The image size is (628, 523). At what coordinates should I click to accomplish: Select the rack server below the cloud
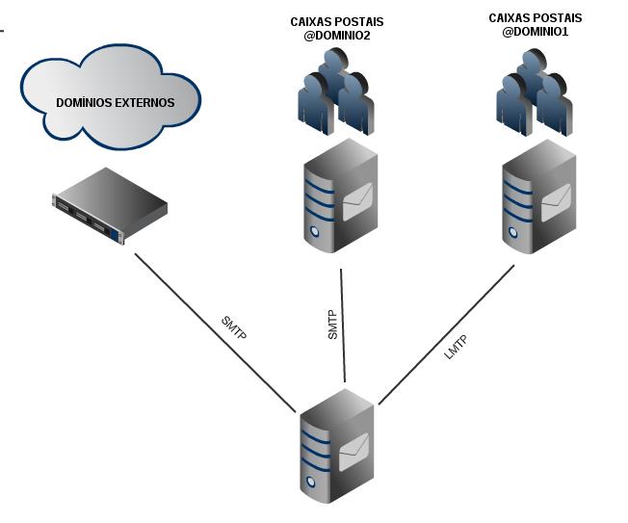110,205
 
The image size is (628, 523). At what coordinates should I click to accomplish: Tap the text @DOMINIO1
535,31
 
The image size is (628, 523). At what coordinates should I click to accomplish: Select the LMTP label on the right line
457,347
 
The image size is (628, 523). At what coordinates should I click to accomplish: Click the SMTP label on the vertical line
332,324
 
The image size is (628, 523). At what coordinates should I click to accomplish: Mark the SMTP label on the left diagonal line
234,328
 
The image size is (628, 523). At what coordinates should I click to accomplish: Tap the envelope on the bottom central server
354,446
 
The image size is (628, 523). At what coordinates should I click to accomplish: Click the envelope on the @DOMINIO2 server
357,200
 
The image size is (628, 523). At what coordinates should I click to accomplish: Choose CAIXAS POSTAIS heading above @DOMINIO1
535,17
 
